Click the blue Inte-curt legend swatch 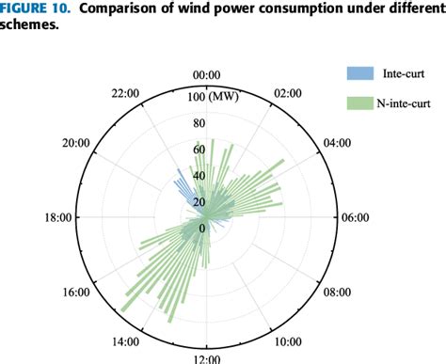click(358, 71)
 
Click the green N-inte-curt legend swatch click(358, 102)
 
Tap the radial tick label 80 click(199, 123)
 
